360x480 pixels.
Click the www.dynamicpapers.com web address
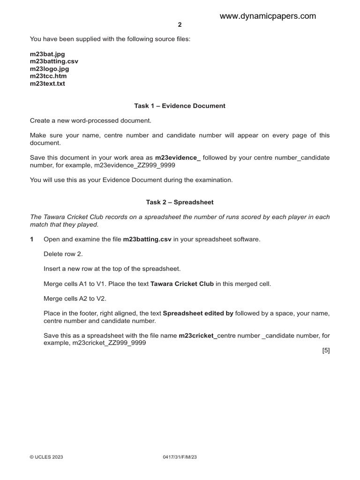click(268, 16)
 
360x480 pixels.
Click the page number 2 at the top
click(180, 25)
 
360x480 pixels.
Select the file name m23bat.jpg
click(47, 54)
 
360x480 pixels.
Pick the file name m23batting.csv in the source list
click(54, 61)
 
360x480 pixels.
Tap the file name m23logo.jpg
click(49, 69)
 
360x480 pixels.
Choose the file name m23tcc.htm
click(48, 76)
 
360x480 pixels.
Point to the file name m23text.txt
click(47, 84)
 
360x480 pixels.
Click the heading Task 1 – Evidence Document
click(180, 106)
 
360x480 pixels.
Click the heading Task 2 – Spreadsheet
click(180, 202)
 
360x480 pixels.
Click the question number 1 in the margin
click(32, 240)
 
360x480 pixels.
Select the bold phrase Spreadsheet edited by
click(198, 313)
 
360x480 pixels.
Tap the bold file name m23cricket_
click(198, 336)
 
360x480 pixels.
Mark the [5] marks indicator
click(326, 350)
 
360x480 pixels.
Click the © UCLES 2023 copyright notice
click(46, 457)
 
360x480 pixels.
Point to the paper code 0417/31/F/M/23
click(180, 457)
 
